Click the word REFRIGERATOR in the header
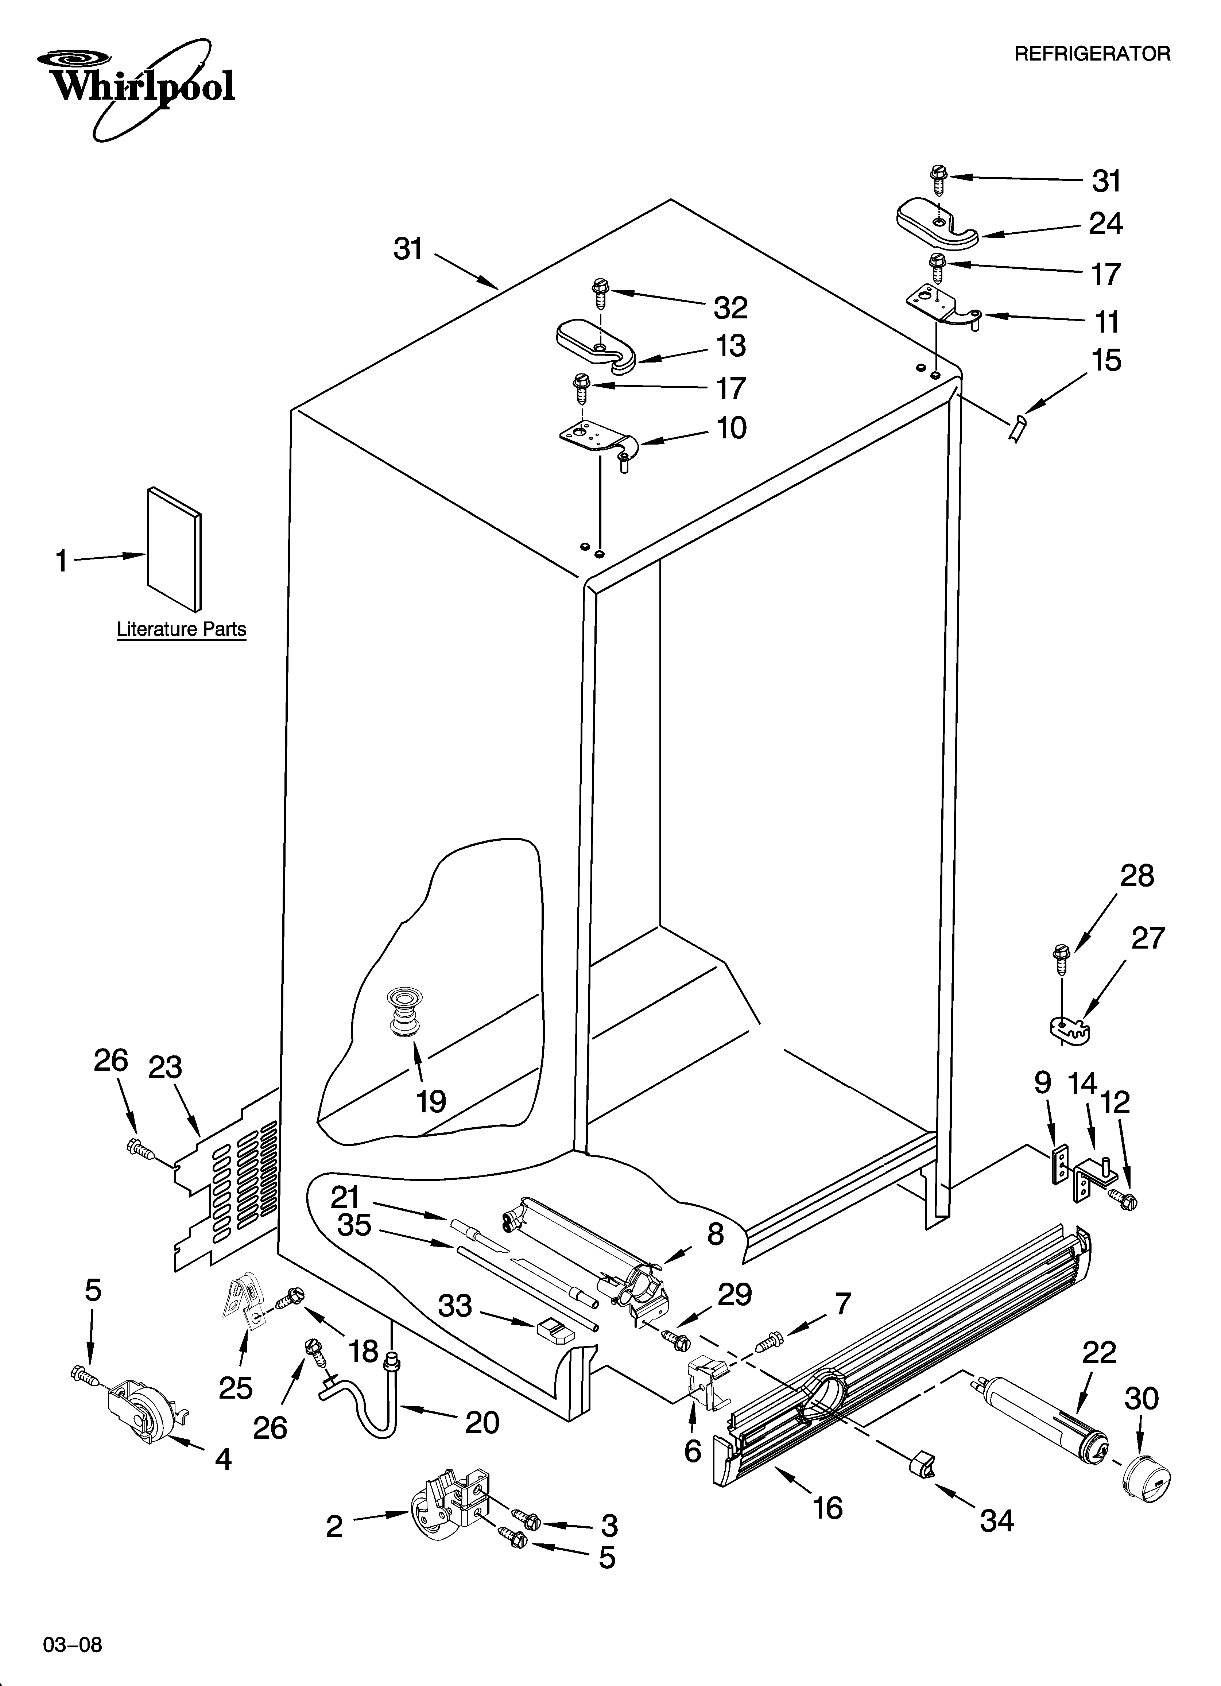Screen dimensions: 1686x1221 click(1092, 54)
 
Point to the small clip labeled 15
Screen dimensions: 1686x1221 click(1016, 429)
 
